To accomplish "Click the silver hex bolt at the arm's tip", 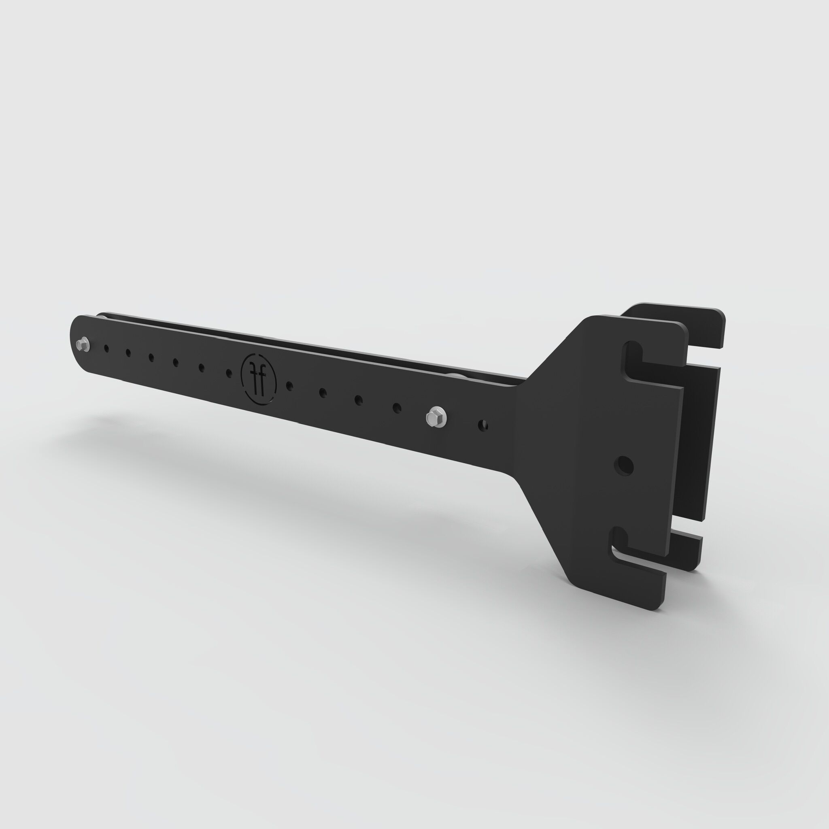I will pyautogui.click(x=83, y=344).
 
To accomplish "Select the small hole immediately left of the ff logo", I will pyautogui.click(x=229, y=372).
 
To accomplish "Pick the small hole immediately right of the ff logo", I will pyautogui.click(x=289, y=385).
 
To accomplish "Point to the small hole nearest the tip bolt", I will pyautogui.click(x=106, y=349).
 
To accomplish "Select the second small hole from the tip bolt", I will pyautogui.click(x=128, y=353).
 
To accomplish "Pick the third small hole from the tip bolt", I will pyautogui.click(x=151, y=357).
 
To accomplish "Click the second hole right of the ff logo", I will pyautogui.click(x=323, y=392).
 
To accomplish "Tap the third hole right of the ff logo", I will pyautogui.click(x=358, y=400).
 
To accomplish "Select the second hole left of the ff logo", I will pyautogui.click(x=201, y=367).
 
